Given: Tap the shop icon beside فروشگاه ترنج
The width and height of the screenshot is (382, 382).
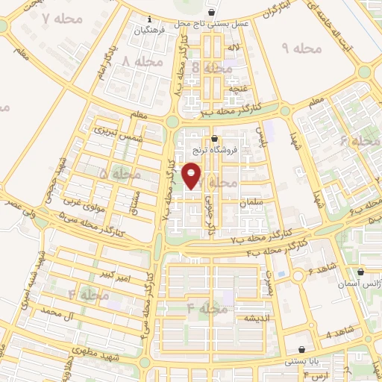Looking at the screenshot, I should pos(215,138).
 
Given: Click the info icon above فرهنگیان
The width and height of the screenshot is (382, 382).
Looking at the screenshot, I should pos(149,19).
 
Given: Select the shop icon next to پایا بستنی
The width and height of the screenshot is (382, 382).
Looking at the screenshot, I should pos(301,349).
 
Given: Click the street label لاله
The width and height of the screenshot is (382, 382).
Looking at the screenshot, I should pos(234,48).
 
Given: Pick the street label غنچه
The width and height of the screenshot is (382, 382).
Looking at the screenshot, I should pos(238,88).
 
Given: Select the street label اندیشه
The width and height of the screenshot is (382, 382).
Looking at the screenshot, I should pos(246,319).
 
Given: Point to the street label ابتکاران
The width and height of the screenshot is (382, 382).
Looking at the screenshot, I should pos(277,8).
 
